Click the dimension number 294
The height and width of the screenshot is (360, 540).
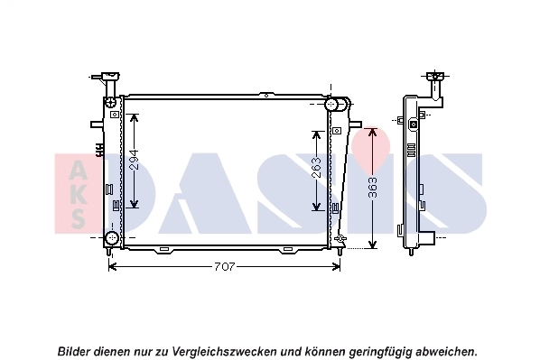(133, 161)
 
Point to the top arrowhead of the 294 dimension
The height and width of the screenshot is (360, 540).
(134, 118)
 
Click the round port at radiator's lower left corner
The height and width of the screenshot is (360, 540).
(111, 238)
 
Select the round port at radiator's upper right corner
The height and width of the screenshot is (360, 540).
(338, 104)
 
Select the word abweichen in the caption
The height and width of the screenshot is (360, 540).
(442, 350)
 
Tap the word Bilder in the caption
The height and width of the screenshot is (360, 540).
(74, 350)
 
